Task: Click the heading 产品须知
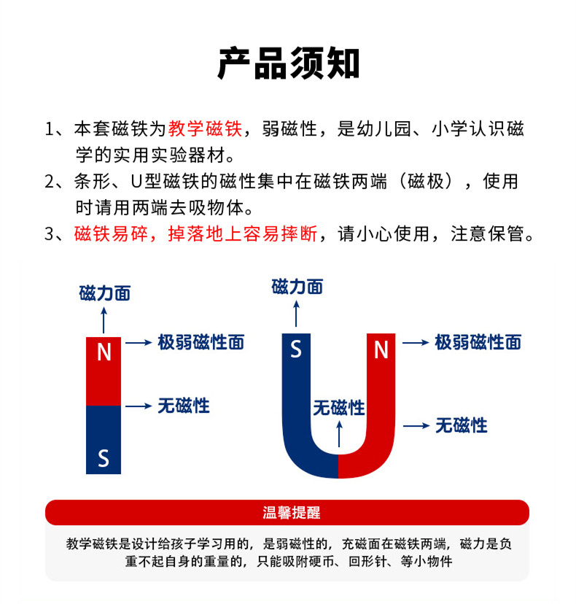[x=289, y=64]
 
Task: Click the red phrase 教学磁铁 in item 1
[x=205, y=128]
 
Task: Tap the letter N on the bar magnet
[x=104, y=352]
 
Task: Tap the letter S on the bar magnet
[x=104, y=458]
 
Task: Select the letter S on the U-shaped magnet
[x=296, y=349]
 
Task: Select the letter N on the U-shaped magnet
[x=381, y=349]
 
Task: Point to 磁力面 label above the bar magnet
[x=105, y=293]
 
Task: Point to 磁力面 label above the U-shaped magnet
[x=297, y=287]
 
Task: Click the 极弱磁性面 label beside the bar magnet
[x=201, y=342]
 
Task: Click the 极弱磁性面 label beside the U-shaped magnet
[x=478, y=342]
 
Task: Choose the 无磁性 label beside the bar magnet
[x=184, y=406]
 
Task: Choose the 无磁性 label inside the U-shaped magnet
[x=339, y=408]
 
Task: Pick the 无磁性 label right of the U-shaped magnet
[x=462, y=426]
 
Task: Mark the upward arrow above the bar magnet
[x=104, y=320]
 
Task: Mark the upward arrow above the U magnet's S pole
[x=296, y=314]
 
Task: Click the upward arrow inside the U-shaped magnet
[x=339, y=434]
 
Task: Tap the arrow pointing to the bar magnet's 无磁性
[x=139, y=406]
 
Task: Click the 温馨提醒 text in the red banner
[x=292, y=513]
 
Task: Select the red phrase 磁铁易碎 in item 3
[x=111, y=234]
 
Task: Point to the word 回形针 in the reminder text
[x=367, y=561]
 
